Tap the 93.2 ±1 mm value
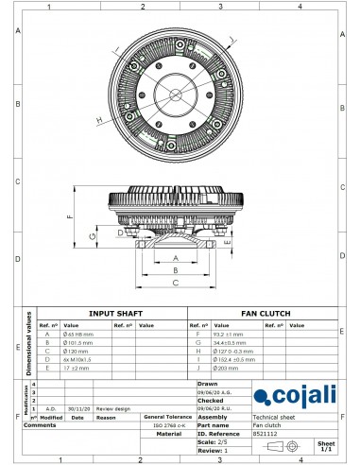[x=231, y=334]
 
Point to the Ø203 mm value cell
[x=227, y=369]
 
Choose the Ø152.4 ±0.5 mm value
[x=233, y=360]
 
